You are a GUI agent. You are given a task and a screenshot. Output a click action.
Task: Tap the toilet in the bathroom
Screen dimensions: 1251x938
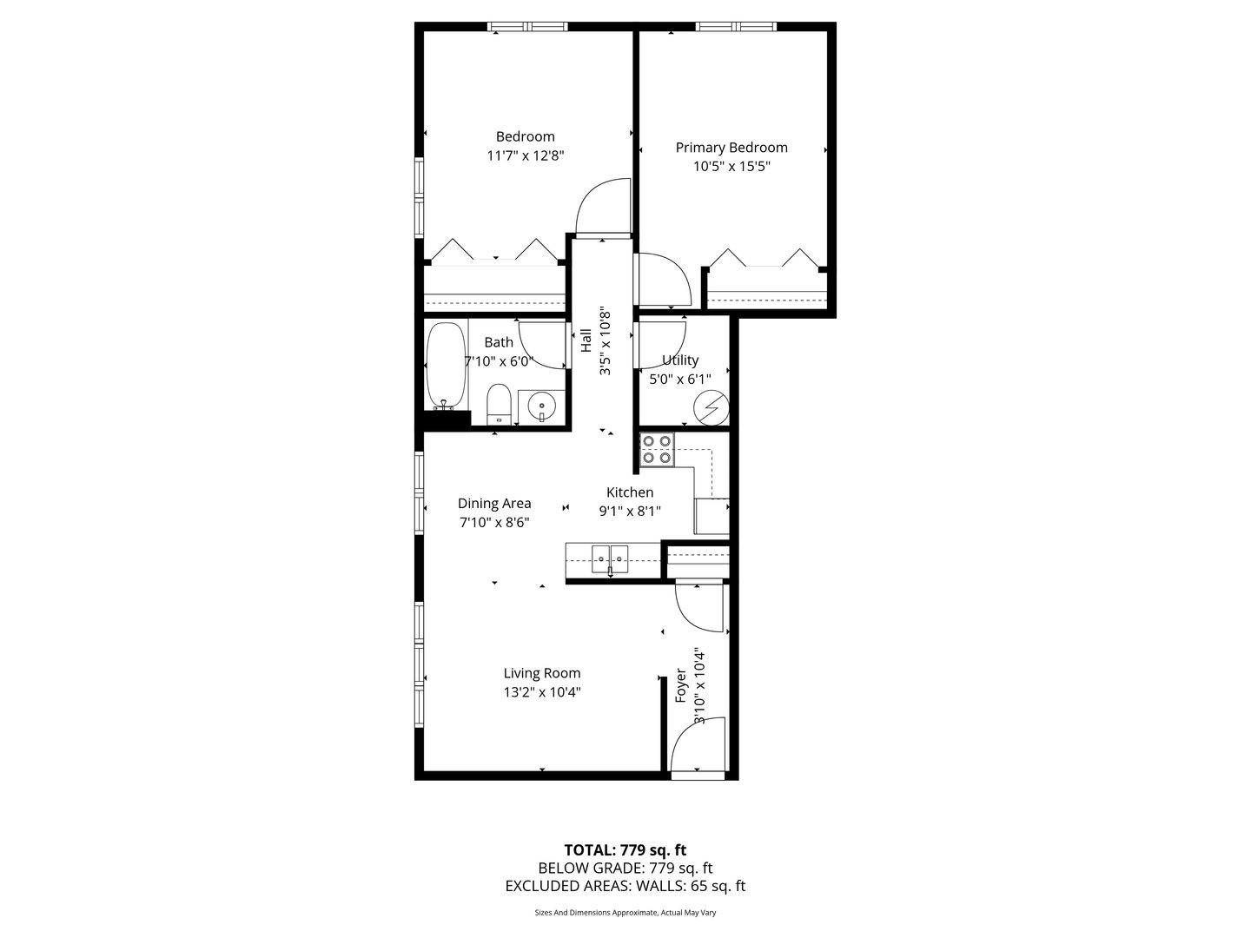(x=500, y=404)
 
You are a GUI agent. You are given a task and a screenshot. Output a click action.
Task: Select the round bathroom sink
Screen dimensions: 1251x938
(x=540, y=407)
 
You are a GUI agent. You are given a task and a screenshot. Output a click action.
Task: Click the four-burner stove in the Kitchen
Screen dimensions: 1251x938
(x=657, y=449)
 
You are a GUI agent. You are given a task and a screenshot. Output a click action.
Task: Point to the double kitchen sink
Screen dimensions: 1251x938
(x=610, y=558)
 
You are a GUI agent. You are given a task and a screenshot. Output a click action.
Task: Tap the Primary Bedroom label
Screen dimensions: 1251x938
(x=731, y=148)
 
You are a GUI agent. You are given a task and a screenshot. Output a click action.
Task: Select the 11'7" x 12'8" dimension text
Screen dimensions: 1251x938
(x=525, y=155)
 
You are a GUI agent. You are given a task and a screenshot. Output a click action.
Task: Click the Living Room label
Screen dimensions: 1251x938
(x=541, y=673)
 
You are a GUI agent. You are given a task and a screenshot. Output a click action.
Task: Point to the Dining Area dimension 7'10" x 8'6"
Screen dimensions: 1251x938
(x=494, y=522)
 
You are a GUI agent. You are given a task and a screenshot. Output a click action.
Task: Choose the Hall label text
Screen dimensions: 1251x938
(x=586, y=340)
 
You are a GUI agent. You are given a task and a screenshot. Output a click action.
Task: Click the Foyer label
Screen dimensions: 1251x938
(x=680, y=685)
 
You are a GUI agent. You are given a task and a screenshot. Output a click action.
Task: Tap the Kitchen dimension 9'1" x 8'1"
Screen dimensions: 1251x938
(x=630, y=511)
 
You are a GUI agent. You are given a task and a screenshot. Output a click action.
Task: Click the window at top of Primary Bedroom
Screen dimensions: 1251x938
(x=736, y=26)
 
